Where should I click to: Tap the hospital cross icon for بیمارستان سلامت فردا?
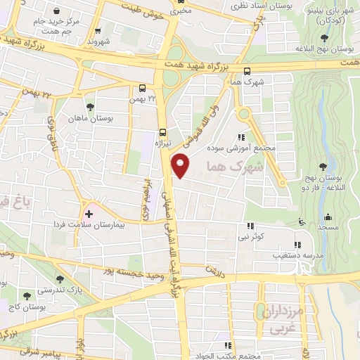point(89,213)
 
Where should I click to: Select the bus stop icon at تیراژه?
point(163,131)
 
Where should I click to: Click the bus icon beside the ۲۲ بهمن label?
point(143,89)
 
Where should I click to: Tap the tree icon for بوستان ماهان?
point(91,108)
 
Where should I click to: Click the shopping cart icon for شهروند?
point(97,30)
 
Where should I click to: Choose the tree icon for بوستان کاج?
point(27,296)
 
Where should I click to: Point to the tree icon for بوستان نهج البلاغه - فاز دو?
point(323,167)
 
